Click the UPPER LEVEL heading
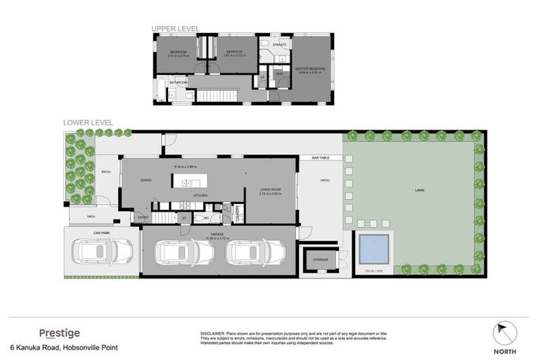pyautogui.click(x=176, y=29)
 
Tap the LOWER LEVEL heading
pyautogui.click(x=88, y=122)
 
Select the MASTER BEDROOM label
pyautogui.click(x=309, y=69)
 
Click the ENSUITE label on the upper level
pyautogui.click(x=280, y=44)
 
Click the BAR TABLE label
pyautogui.click(x=321, y=158)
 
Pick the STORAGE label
pyautogui.click(x=321, y=260)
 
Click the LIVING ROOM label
pyautogui.click(x=271, y=189)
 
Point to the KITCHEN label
pyautogui.click(x=199, y=194)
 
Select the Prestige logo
pyautogui.click(x=59, y=333)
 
